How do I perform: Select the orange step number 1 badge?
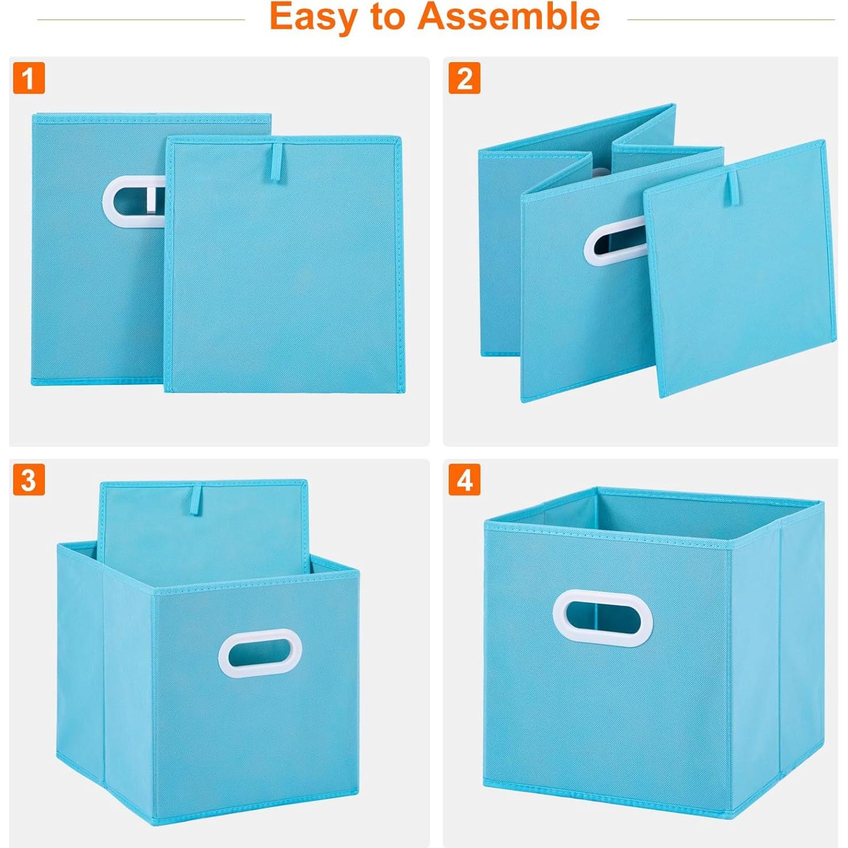click(29, 78)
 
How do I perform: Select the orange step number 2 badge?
click(464, 78)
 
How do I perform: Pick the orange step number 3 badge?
click(29, 480)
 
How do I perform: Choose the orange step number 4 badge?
click(464, 480)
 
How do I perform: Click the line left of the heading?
click(141, 20)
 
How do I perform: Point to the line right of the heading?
click(731, 20)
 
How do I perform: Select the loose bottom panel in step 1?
click(285, 270)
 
